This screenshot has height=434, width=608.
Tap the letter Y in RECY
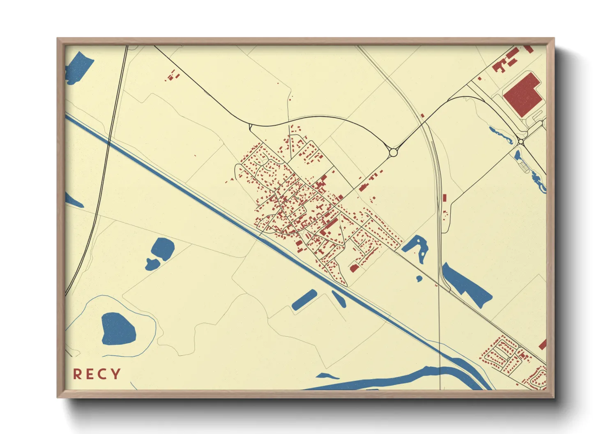[116, 374]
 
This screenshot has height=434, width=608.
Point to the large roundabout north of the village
[393, 153]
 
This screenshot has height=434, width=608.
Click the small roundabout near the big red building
[521, 142]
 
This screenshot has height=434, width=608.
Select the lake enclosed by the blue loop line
[118, 329]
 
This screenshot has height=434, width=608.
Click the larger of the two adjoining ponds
[163, 248]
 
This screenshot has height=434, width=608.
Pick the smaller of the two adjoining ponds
[152, 265]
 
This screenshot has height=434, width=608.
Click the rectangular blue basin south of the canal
[304, 300]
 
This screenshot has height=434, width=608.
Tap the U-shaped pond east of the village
[416, 246]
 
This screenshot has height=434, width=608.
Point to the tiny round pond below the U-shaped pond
[419, 279]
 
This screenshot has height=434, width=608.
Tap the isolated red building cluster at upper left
[173, 76]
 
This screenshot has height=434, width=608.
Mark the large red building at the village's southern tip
[354, 268]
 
